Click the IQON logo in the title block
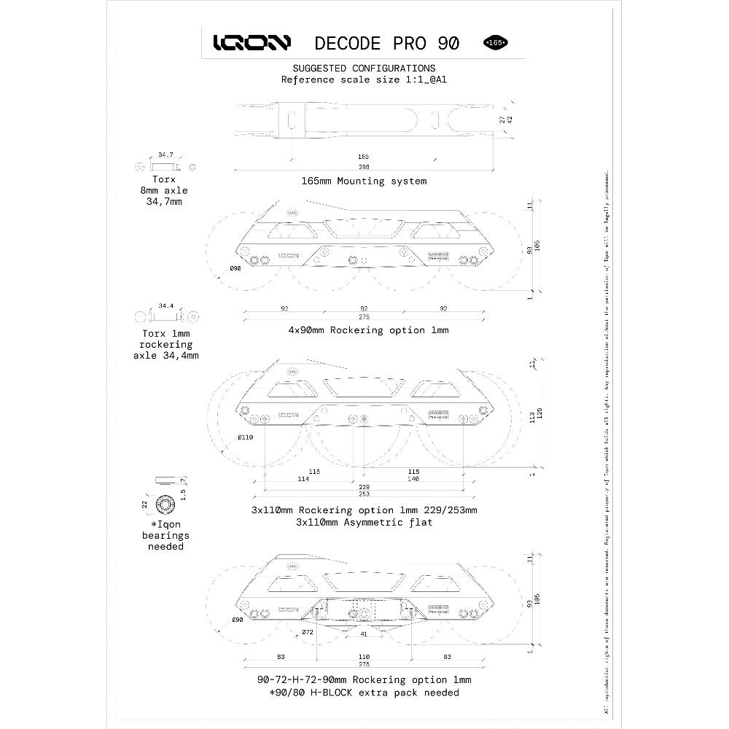pos(252,43)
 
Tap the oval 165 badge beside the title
pos(496,42)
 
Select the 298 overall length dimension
pos(363,167)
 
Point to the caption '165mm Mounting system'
pos(364,181)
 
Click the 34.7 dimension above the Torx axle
pos(165,155)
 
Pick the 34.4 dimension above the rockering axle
pos(165,306)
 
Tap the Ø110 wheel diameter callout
pos(244,437)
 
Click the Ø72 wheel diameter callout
pos(308,631)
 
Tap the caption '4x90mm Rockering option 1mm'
pos(367,330)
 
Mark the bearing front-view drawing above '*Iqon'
pos(165,504)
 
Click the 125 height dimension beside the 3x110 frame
pos(540,418)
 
